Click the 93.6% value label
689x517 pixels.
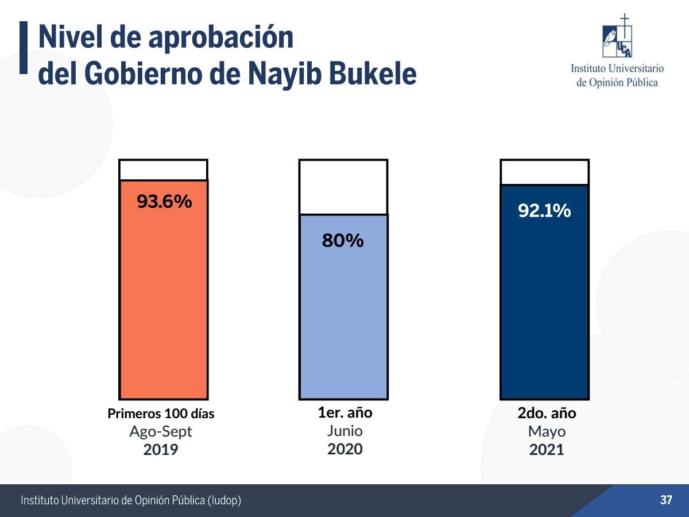[164, 202]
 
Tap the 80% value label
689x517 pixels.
[343, 241]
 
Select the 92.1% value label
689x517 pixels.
[544, 211]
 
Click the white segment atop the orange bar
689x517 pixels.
[163, 170]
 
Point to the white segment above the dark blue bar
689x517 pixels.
[544, 172]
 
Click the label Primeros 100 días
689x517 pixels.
[161, 414]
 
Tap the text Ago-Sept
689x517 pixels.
[161, 431]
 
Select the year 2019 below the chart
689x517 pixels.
[161, 449]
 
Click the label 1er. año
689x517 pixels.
[345, 412]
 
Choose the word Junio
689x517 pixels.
[345, 431]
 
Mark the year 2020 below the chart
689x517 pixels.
[345, 449]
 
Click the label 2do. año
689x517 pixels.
[547, 413]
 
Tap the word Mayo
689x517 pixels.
[547, 431]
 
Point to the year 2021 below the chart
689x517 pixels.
[547, 450]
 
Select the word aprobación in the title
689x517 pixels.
[220, 37]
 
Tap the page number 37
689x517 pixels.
[666, 500]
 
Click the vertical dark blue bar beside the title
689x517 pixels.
[24, 48]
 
